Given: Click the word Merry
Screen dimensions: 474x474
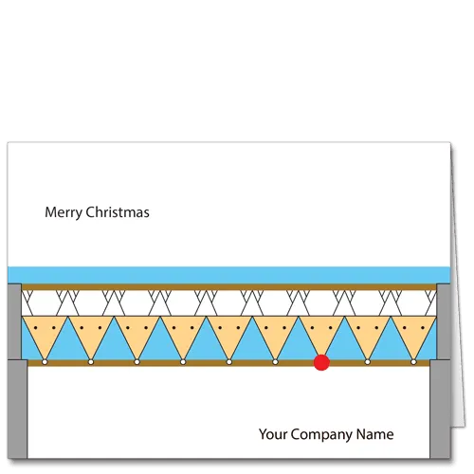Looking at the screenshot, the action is (x=64, y=212).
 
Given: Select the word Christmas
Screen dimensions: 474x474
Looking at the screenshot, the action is (x=118, y=212).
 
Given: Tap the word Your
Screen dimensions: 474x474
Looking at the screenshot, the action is (x=273, y=434).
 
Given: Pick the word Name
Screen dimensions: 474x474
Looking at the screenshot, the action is (x=375, y=434).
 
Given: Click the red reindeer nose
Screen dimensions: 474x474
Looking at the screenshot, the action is (x=321, y=362).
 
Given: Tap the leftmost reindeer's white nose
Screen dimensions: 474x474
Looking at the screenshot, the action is (x=45, y=362).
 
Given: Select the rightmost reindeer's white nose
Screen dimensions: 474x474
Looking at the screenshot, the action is (x=413, y=362).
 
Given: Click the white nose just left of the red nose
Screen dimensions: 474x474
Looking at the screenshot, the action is (x=275, y=362).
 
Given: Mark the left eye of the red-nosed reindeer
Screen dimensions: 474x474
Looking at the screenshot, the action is (x=313, y=328).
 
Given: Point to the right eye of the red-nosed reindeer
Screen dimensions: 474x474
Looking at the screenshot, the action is (x=331, y=328).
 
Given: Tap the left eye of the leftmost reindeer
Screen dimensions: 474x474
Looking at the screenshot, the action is (x=36, y=328).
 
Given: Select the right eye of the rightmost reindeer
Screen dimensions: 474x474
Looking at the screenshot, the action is (x=423, y=328).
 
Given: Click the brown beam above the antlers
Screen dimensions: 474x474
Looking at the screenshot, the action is (x=229, y=287).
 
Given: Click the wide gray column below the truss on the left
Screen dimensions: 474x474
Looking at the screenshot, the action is (x=18, y=409).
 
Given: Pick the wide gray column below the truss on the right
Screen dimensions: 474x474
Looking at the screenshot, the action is (x=440, y=409).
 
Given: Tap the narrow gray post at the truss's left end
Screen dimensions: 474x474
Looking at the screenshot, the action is (x=14, y=321).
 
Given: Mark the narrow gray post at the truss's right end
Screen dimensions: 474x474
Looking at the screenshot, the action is (x=444, y=321).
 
